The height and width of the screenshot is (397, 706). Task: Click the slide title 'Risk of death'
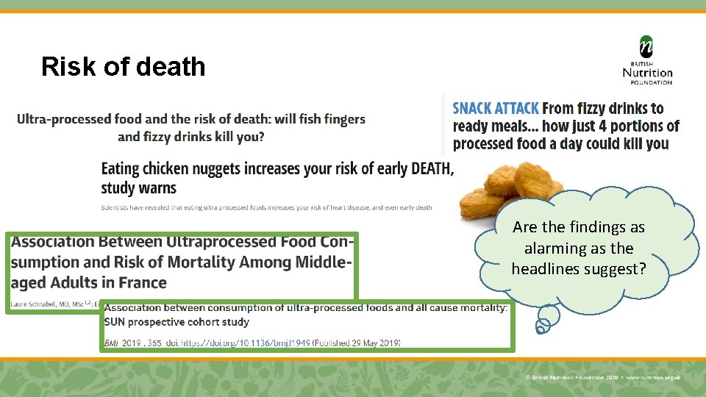(124, 67)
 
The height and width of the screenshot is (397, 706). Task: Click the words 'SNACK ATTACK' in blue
(496, 109)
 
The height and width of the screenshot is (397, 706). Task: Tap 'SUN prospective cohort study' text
(176, 322)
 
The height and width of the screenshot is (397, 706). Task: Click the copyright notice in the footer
(603, 377)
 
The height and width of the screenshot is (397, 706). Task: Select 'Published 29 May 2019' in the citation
(356, 343)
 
